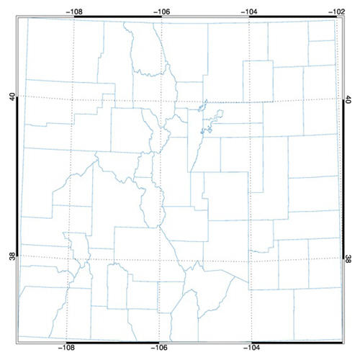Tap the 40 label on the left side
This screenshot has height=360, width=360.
[12, 96]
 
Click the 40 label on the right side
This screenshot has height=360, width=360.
[348, 96]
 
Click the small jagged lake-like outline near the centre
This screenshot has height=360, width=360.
[208, 119]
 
